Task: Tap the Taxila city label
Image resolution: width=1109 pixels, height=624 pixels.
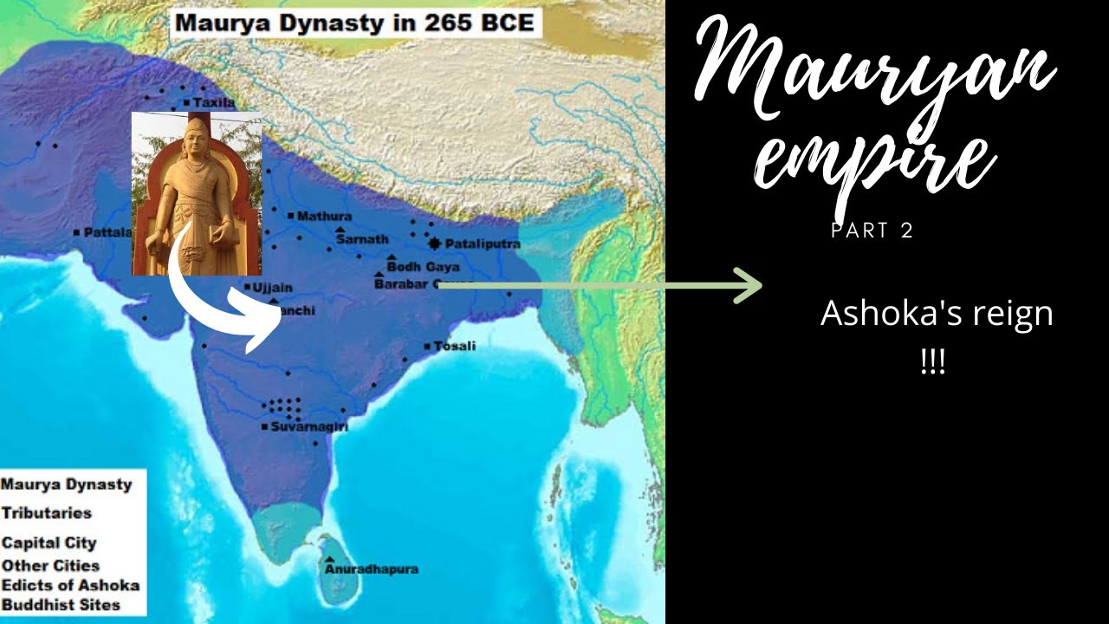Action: pyautogui.click(x=214, y=102)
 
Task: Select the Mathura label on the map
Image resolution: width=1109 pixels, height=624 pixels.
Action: pyautogui.click(x=324, y=216)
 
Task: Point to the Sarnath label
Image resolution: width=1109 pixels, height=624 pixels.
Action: pyautogui.click(x=362, y=239)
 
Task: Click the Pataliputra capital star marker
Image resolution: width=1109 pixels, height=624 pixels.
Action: pyautogui.click(x=434, y=244)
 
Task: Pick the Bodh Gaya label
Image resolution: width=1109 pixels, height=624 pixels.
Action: pyautogui.click(x=423, y=267)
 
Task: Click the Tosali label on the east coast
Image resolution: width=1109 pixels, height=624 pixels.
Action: pyautogui.click(x=454, y=346)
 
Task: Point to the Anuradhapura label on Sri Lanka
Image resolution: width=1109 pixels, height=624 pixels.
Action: pyautogui.click(x=372, y=569)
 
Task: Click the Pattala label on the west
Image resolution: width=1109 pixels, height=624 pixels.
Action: pyautogui.click(x=107, y=232)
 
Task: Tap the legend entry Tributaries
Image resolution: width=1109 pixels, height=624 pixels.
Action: pyautogui.click(x=46, y=513)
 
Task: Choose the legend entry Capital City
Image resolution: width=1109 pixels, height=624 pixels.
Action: pyautogui.click(x=49, y=543)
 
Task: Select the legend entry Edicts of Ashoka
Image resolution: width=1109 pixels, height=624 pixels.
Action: pyautogui.click(x=69, y=585)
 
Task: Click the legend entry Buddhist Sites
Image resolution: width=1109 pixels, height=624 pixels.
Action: pyautogui.click(x=61, y=605)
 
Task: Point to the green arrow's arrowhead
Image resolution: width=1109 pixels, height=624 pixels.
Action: pyautogui.click(x=750, y=285)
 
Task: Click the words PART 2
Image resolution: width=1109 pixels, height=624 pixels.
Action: pyautogui.click(x=872, y=231)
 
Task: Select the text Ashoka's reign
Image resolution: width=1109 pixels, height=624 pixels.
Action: pyautogui.click(x=937, y=313)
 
